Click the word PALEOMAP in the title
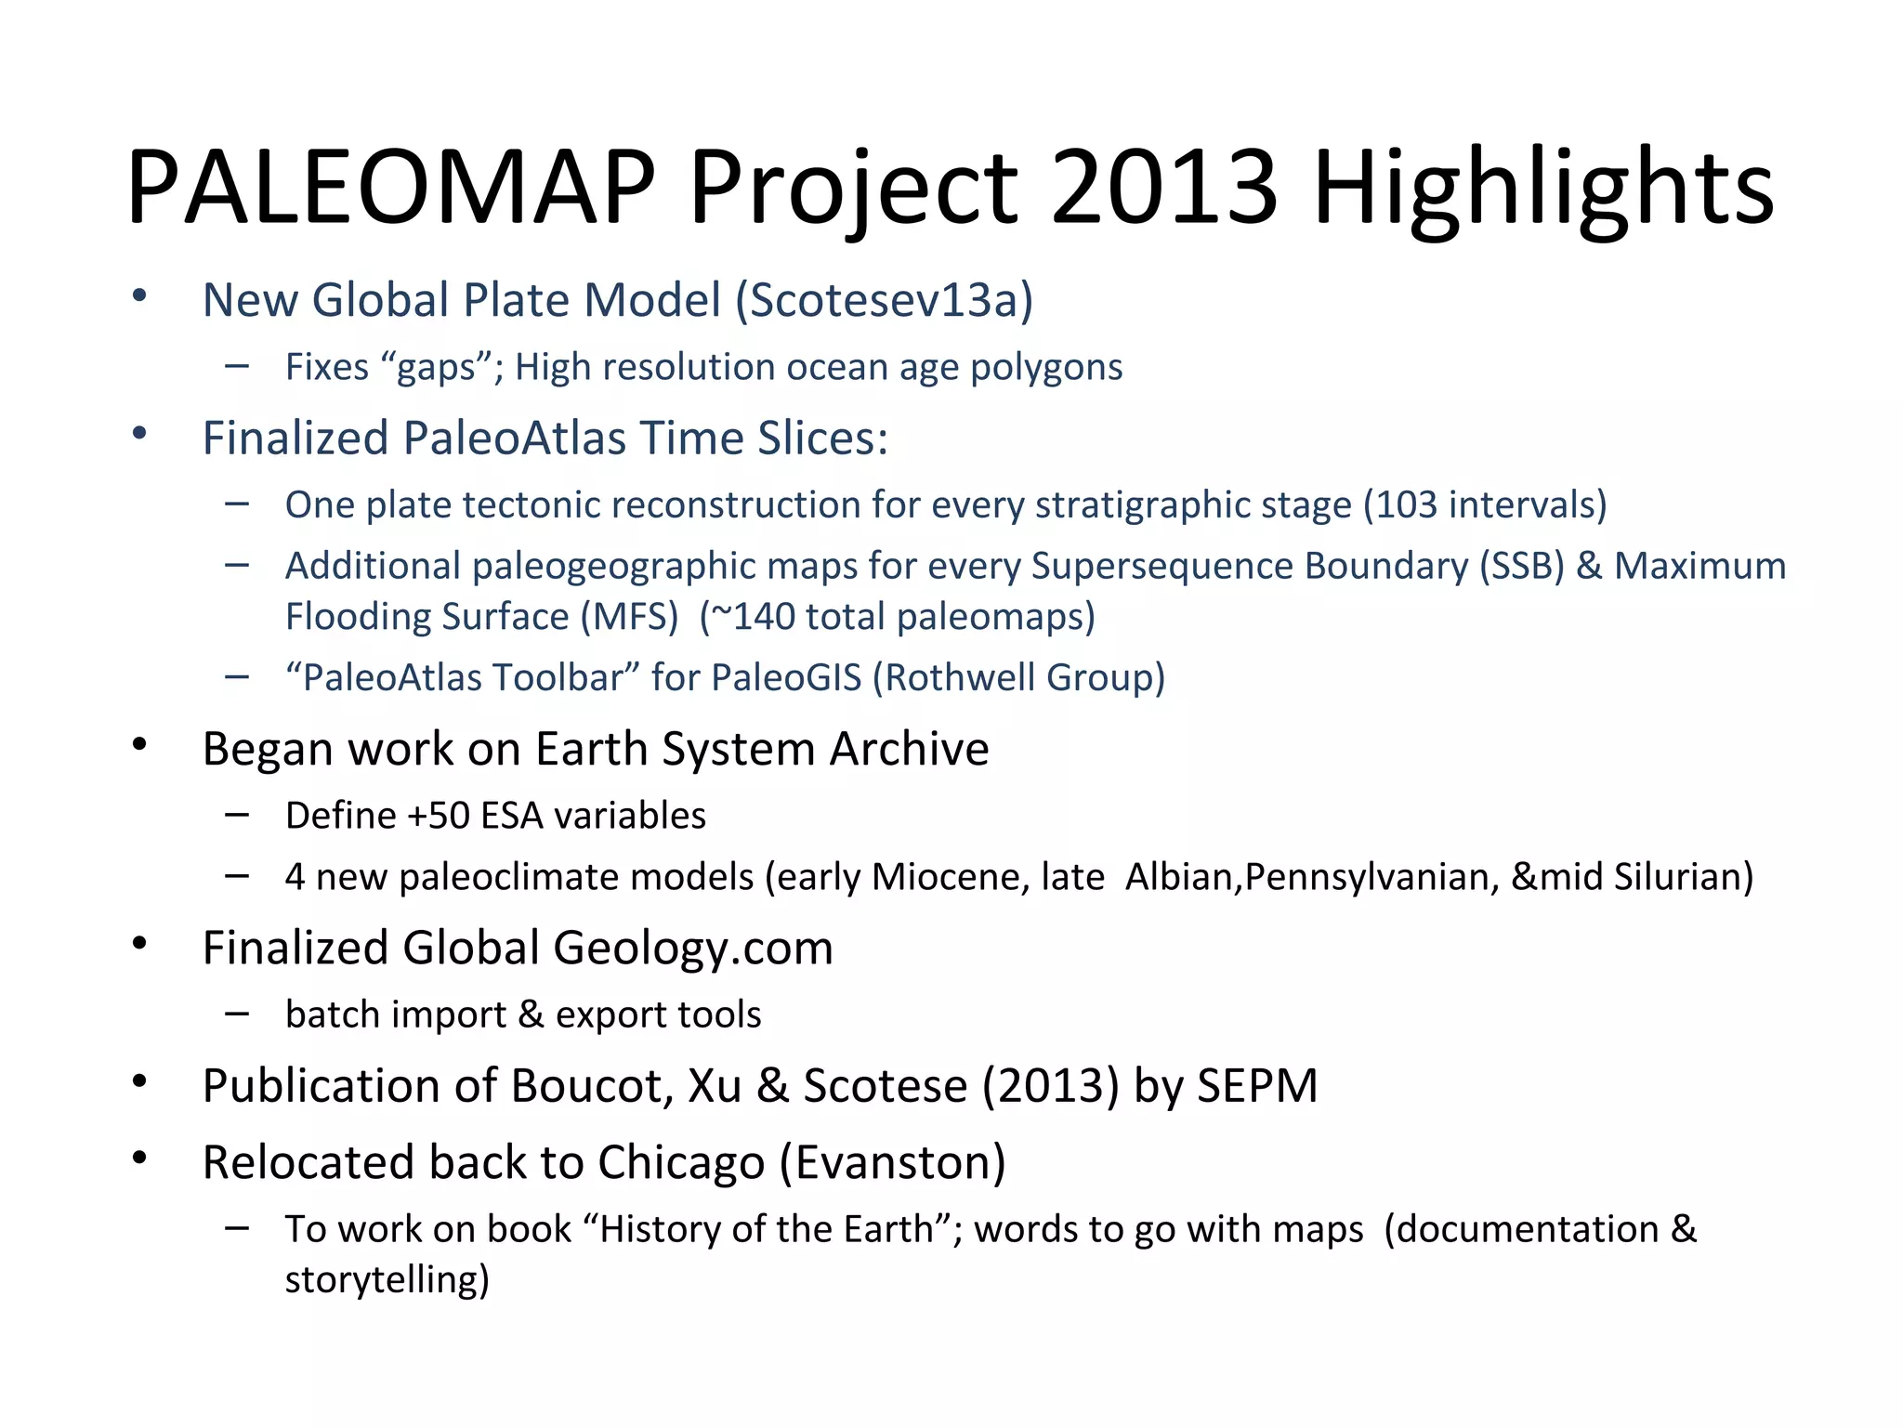pos(390,189)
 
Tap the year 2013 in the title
pos(1165,189)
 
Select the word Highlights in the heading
pos(1542,189)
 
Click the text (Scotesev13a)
pos(884,300)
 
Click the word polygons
pos(1046,368)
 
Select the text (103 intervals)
pos(1485,505)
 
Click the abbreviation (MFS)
pos(629,618)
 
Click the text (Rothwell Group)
pos(1018,678)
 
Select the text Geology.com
pos(693,949)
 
